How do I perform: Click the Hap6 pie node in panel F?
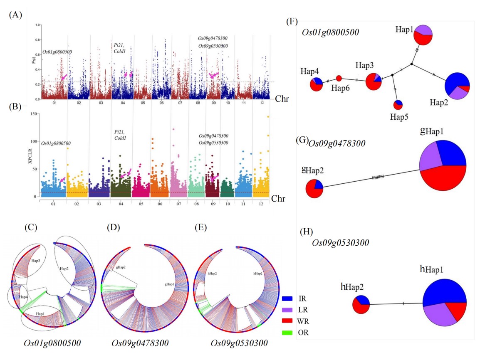[339, 78]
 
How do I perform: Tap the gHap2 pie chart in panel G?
[314, 189]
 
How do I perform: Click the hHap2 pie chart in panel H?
[361, 305]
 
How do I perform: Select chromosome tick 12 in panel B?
[261, 205]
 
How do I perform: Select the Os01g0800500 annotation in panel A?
[57, 52]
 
